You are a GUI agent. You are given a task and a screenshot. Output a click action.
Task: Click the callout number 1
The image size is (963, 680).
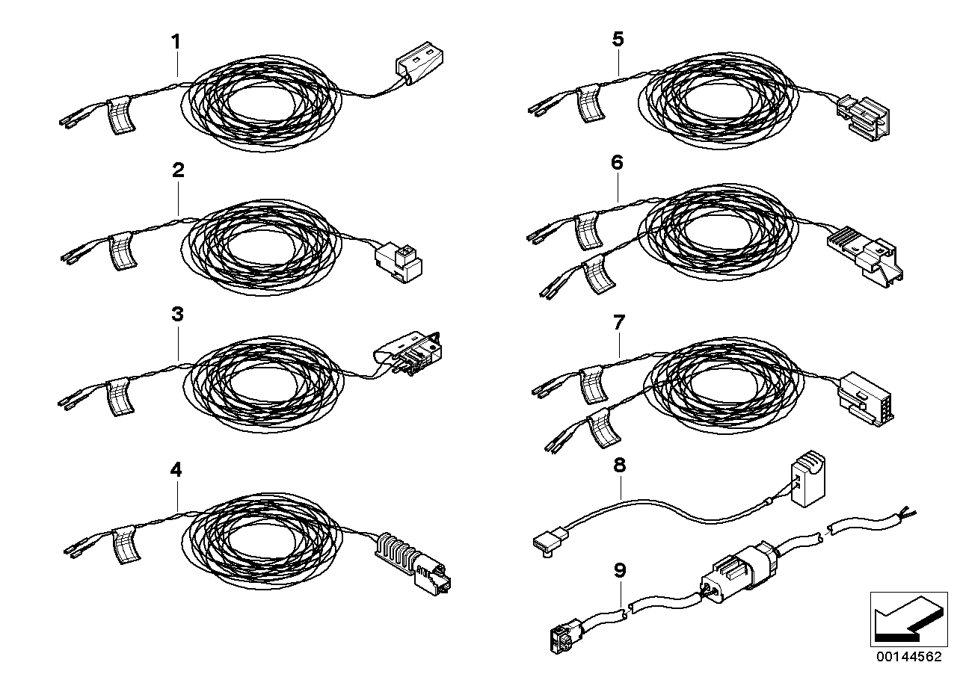(x=176, y=42)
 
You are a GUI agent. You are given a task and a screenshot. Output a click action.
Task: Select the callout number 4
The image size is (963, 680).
(x=176, y=470)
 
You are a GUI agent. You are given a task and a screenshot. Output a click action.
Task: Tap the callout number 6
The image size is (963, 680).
(x=617, y=162)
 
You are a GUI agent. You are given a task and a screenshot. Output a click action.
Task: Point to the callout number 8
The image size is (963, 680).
(x=619, y=465)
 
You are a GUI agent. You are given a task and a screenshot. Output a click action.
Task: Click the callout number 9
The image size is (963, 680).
(x=619, y=571)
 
